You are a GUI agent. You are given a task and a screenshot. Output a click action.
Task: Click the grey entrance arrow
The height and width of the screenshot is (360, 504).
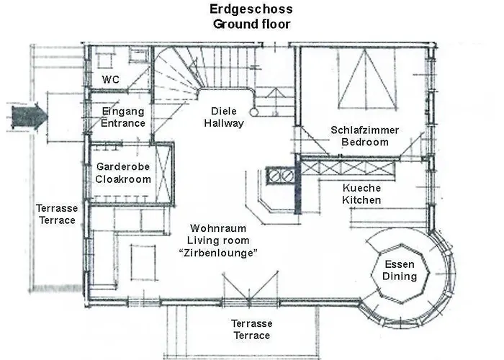(27, 114)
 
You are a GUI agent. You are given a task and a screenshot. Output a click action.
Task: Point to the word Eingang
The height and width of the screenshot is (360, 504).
(123, 112)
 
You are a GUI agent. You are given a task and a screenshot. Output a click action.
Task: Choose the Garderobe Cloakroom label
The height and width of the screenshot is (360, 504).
(123, 173)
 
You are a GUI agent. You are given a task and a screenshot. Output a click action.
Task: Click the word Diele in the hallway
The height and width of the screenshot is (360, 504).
(224, 112)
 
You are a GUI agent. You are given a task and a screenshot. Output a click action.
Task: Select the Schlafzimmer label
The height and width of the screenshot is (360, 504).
(365, 130)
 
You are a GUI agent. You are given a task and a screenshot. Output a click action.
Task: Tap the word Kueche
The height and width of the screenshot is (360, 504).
(361, 187)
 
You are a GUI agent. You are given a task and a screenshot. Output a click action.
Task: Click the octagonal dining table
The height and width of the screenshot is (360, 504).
(400, 270)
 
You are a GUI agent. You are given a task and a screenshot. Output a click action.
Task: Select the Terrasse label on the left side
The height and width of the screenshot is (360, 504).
(55, 208)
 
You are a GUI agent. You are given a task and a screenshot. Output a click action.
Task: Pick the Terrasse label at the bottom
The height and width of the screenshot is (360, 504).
(250, 324)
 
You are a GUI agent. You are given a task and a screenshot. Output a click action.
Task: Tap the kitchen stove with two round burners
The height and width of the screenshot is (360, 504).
(281, 175)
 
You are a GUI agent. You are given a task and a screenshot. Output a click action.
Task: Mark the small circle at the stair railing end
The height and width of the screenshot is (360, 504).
(253, 112)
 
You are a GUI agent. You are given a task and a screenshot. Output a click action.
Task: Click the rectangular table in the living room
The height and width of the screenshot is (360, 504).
(143, 261)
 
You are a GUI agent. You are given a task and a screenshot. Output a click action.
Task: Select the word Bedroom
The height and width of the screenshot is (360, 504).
(365, 142)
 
